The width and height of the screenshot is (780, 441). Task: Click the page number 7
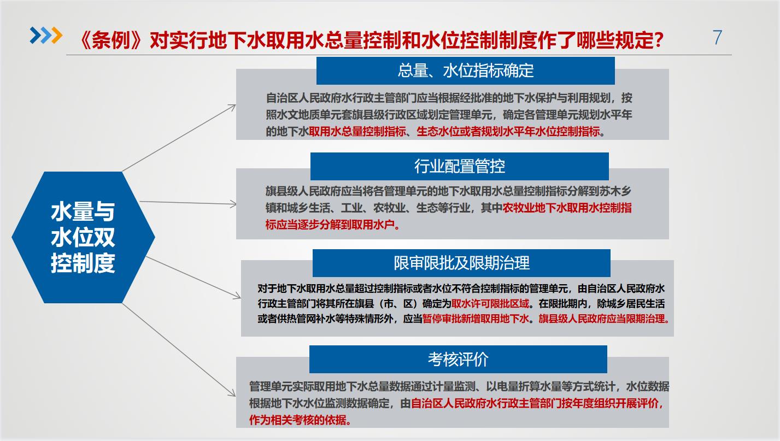pos(717,37)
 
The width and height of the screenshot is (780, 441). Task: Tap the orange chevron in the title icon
pos(57,35)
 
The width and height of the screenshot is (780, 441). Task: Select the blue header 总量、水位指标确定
pos(466,70)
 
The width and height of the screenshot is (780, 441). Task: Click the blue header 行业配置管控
pos(460,166)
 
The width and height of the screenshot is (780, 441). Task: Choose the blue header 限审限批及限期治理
pos(461,263)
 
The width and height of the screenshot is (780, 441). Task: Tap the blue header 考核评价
pos(458,359)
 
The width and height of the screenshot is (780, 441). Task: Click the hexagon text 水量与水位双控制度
pos(83,237)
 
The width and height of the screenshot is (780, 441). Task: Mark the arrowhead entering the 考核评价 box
pos(232,393)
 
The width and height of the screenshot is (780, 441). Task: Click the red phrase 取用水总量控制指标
pos(357,132)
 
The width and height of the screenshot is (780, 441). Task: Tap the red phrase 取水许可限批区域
pos(490,304)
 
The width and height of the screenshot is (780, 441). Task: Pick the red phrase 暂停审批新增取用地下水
pos(476,319)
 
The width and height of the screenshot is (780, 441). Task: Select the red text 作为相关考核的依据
pos(300,420)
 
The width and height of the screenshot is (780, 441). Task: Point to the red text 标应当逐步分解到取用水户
pos(332,225)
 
